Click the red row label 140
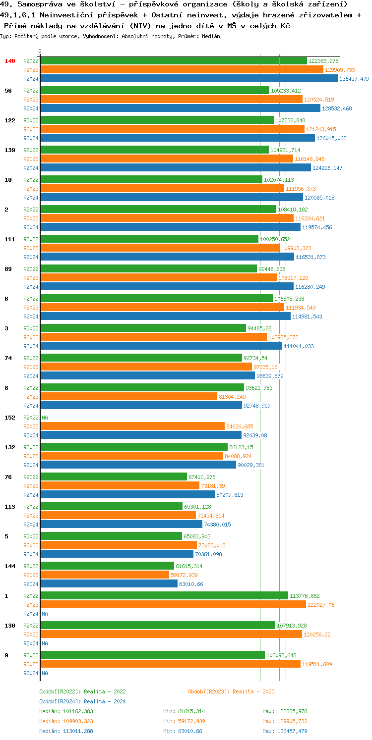10,61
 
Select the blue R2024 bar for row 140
189,79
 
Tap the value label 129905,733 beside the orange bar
340,70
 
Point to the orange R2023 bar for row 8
128,397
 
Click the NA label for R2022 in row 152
45,418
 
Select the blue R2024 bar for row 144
109,584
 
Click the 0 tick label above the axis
40,52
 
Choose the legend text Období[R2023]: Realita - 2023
231,691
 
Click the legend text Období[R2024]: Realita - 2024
82,701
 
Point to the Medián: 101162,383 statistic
66,711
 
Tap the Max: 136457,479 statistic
285,731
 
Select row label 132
10,447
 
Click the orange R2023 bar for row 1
173,605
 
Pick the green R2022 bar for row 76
114,477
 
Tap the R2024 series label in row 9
31,673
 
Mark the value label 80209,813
230,495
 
